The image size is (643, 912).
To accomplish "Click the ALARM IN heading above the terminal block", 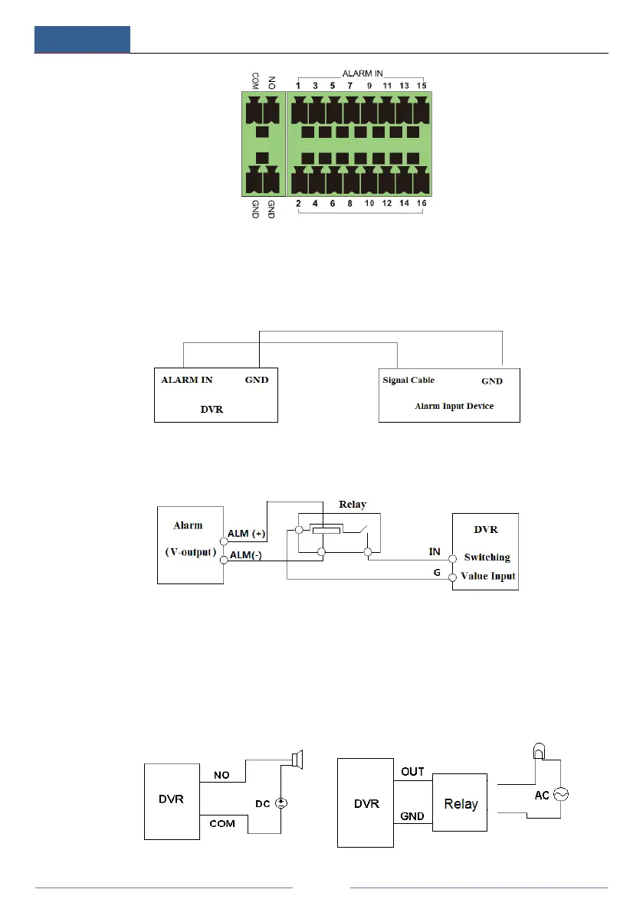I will (x=363, y=74).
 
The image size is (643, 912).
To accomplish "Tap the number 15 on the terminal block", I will (x=422, y=85).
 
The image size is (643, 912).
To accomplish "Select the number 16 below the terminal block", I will (x=422, y=203).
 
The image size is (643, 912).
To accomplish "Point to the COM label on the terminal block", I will (x=255, y=81).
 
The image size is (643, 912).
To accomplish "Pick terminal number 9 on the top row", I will (x=369, y=85).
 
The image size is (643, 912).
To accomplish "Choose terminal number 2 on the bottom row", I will (x=297, y=203).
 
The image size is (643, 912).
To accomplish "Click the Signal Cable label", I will (x=408, y=380).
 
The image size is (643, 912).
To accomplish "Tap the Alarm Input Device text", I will (x=454, y=406).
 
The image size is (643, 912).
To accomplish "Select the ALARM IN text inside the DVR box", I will (x=187, y=380).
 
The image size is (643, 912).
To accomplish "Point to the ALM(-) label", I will (x=245, y=556).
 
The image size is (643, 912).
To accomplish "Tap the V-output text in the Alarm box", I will (x=189, y=551).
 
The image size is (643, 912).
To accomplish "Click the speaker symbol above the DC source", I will (x=297, y=760).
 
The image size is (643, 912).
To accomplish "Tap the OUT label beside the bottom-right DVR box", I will (x=412, y=771).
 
